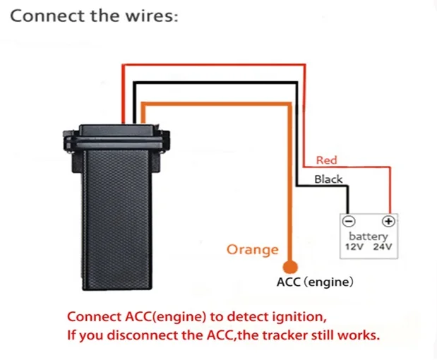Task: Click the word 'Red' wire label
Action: coord(327,161)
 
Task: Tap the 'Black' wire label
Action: coord(328,179)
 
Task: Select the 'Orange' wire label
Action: coord(252,249)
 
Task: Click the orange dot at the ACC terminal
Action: coord(289,267)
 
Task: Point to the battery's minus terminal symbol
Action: coord(347,221)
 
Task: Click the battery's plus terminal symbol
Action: coord(387,221)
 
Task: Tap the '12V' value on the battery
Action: coord(354,248)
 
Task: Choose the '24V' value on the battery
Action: coord(382,248)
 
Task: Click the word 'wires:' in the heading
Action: coord(154,16)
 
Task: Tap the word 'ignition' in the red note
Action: coord(304,316)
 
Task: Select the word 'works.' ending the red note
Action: coord(359,335)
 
